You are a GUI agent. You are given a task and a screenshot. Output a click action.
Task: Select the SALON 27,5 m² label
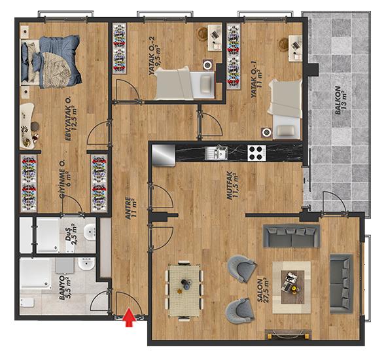(x=262, y=290)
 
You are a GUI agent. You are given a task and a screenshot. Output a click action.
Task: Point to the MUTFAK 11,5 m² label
(x=233, y=185)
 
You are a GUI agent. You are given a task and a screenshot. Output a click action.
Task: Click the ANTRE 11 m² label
(x=131, y=208)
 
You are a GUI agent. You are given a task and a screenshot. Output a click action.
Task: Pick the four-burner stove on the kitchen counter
(x=256, y=153)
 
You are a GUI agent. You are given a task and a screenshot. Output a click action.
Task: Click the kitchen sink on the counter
(x=216, y=153)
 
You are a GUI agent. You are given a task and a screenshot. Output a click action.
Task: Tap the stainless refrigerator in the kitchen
(x=164, y=155)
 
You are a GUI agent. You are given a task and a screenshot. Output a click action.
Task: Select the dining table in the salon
(x=184, y=291)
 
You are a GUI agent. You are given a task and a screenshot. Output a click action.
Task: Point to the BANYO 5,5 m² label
(x=65, y=287)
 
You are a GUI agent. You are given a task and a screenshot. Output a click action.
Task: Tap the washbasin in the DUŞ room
(x=90, y=232)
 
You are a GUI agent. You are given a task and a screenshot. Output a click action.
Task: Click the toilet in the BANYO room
(x=27, y=302)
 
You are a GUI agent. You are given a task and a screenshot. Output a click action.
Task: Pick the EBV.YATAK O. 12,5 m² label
(x=71, y=118)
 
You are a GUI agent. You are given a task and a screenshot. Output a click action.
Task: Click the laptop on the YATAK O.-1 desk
(x=296, y=45)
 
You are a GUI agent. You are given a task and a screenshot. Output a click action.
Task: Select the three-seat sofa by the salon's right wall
(x=342, y=283)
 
